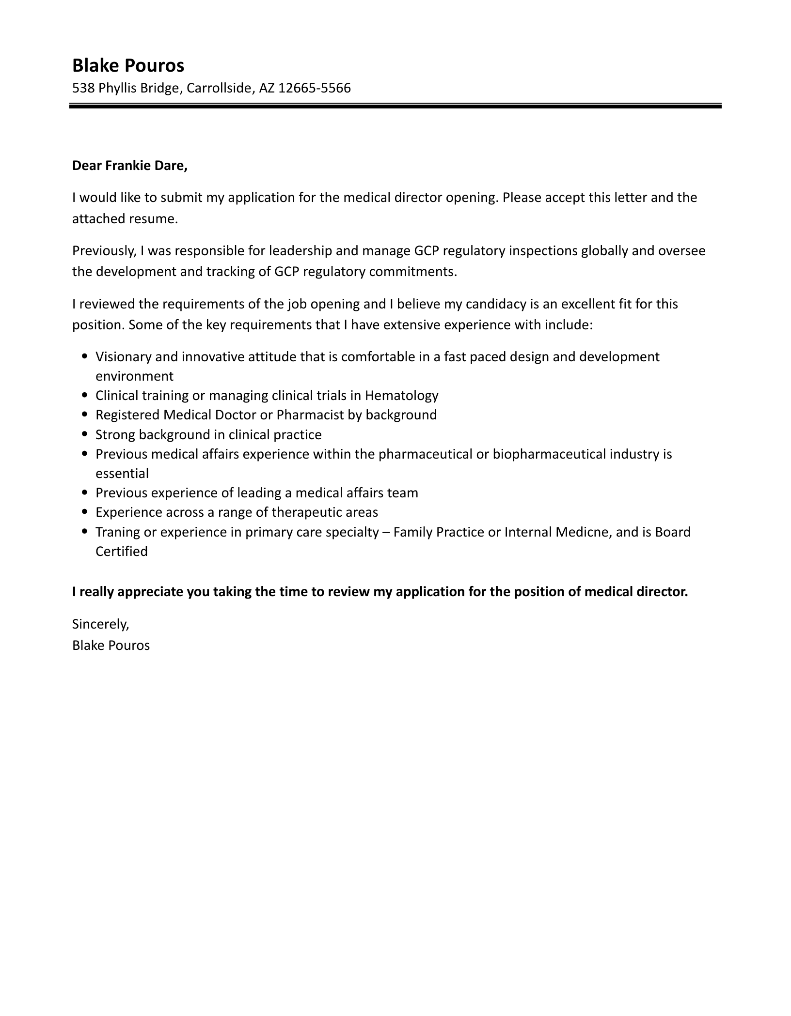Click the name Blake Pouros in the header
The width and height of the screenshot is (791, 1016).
pyautogui.click(x=128, y=65)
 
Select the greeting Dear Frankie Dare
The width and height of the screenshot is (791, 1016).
pyautogui.click(x=129, y=166)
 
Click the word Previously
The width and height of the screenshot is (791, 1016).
pyautogui.click(x=104, y=251)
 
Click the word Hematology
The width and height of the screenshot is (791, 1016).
pyautogui.click(x=401, y=396)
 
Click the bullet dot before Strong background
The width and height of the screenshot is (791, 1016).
pyautogui.click(x=85, y=435)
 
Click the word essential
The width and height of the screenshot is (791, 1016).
pyautogui.click(x=122, y=474)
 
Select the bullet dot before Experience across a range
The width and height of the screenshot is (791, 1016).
pyautogui.click(x=85, y=512)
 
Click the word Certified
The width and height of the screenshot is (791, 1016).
pyautogui.click(x=122, y=552)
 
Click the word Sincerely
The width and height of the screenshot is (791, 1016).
pyautogui.click(x=100, y=624)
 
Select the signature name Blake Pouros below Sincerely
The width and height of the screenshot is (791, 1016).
pyautogui.click(x=111, y=646)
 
